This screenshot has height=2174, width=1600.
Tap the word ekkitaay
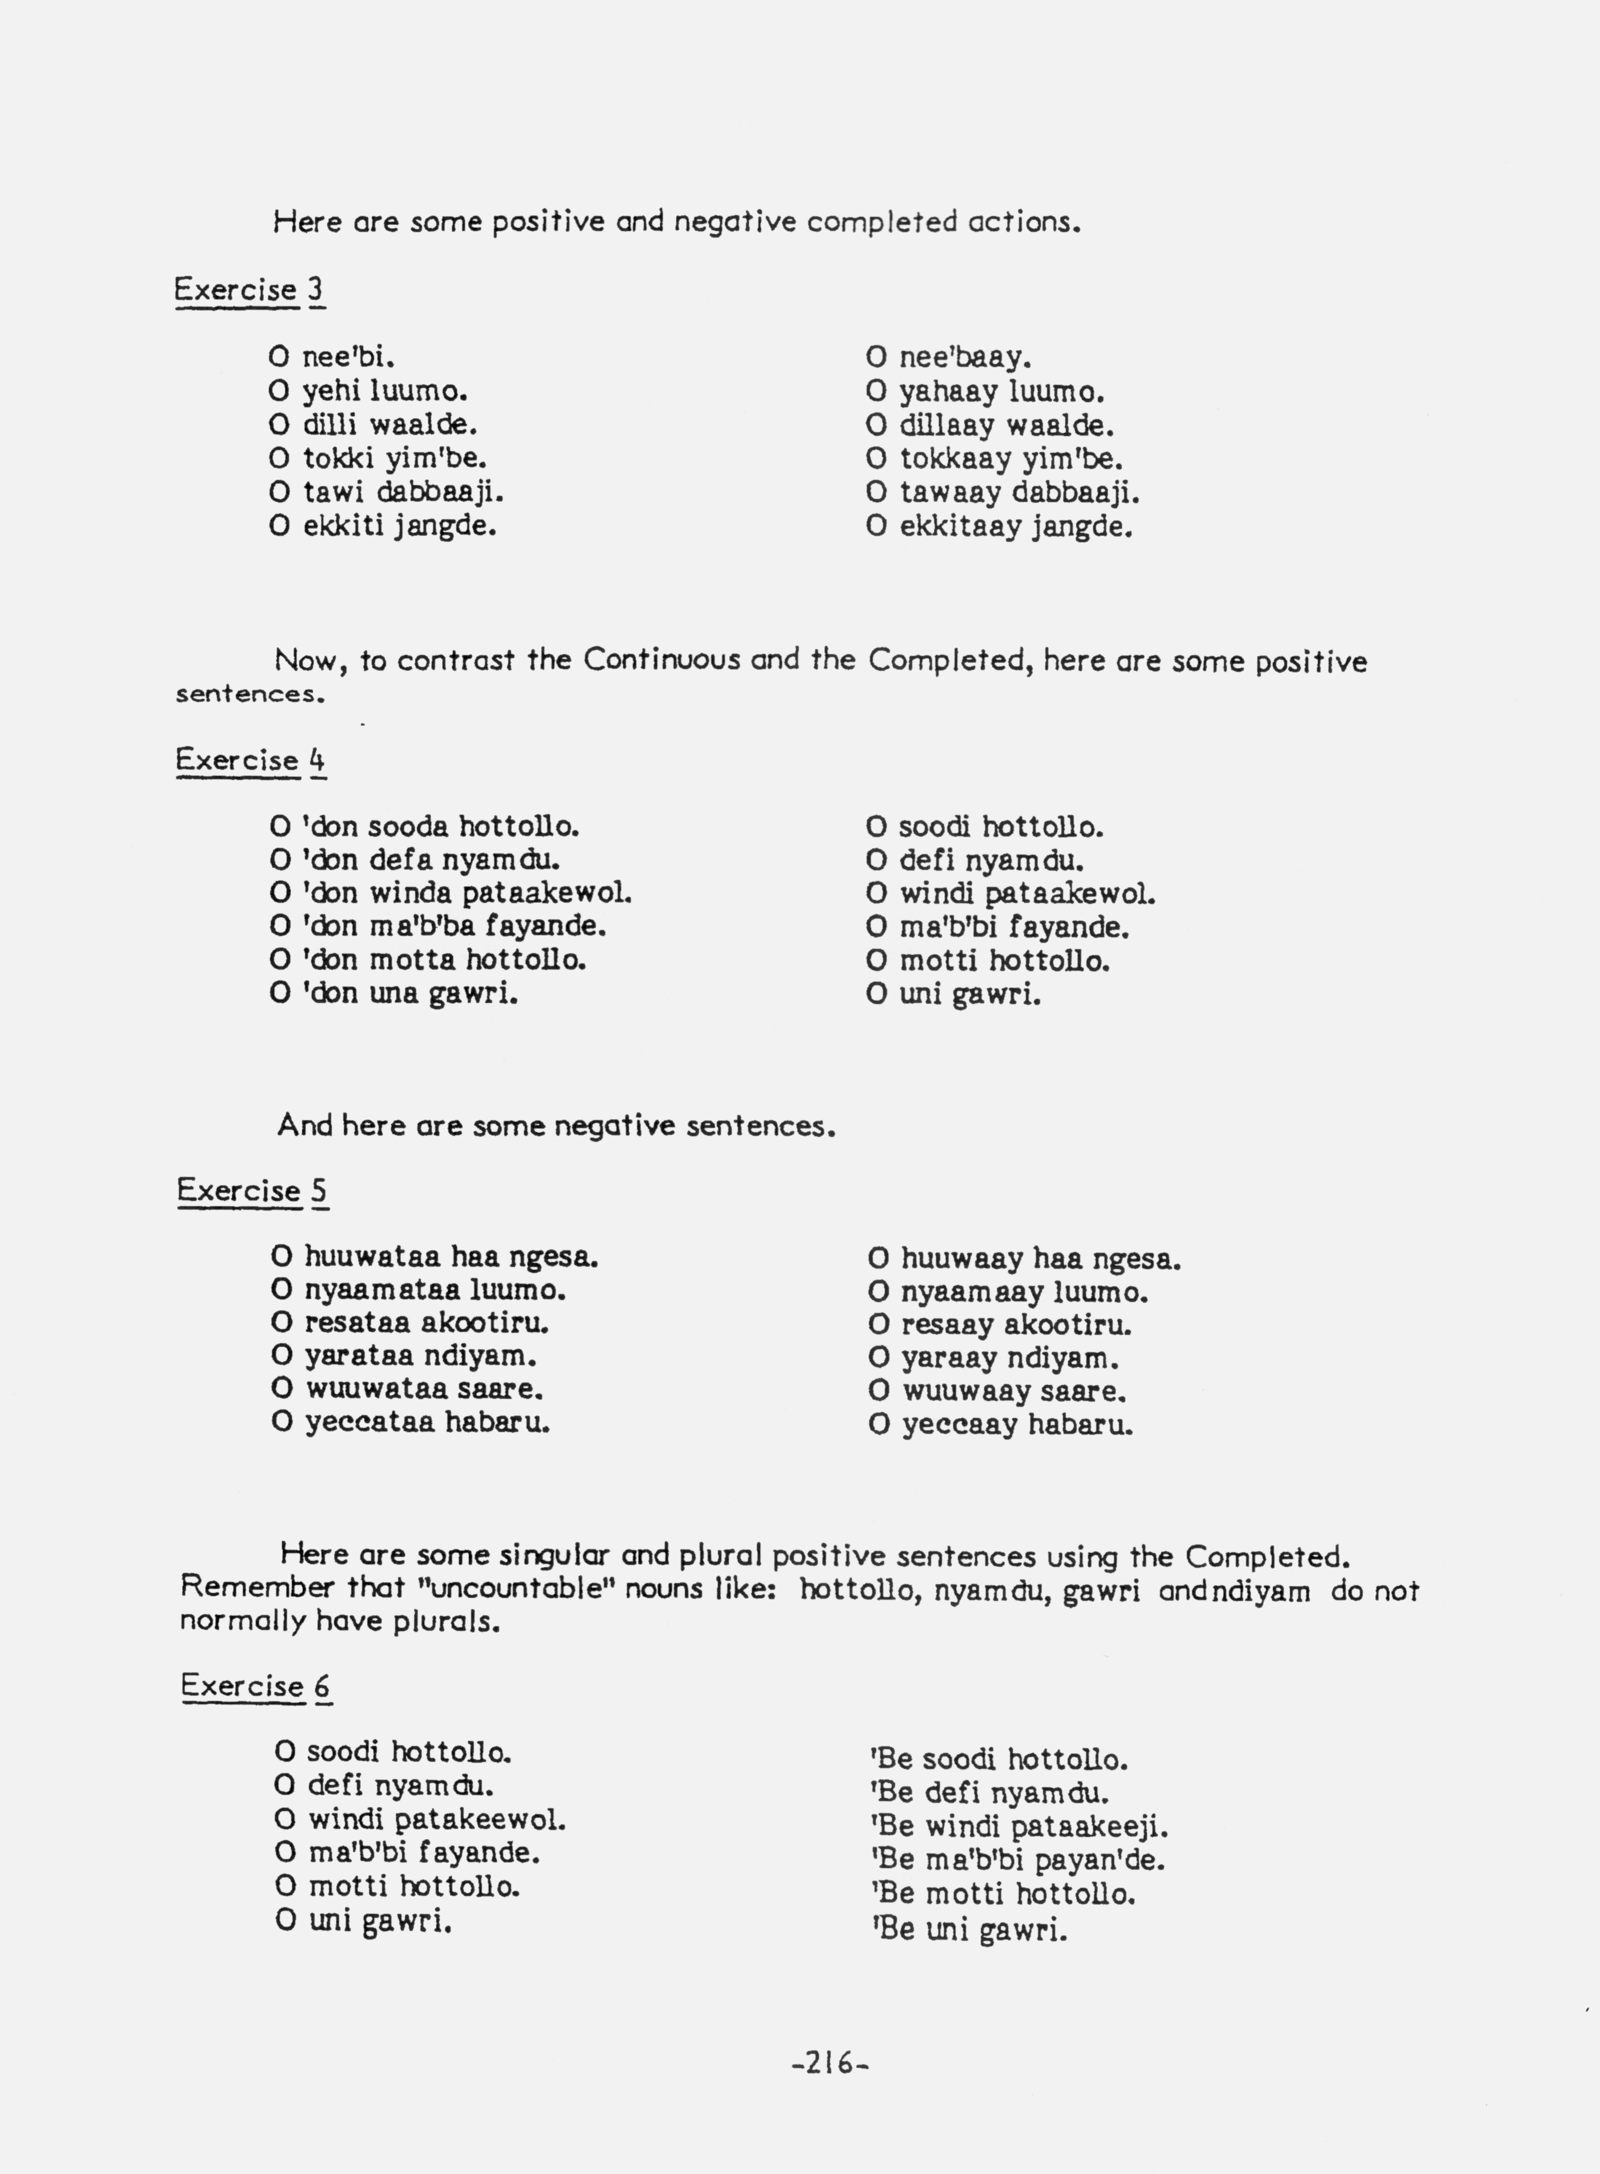coord(960,527)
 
